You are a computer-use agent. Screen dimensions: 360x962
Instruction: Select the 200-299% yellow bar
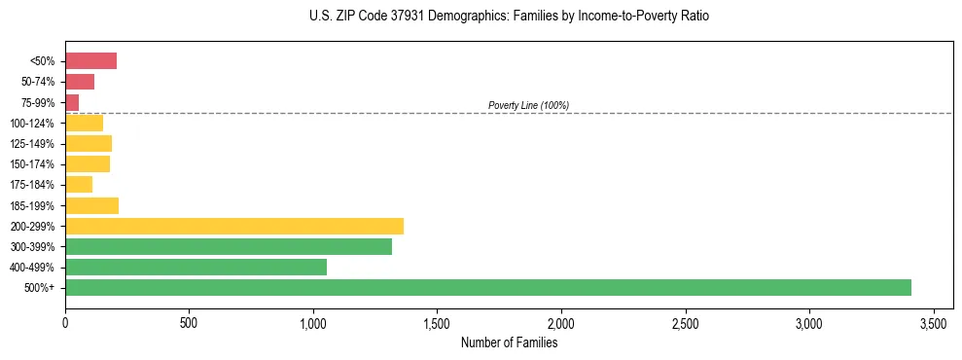click(x=234, y=226)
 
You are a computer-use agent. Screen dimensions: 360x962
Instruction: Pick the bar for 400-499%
click(x=196, y=267)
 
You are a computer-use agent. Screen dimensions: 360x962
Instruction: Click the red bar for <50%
click(x=90, y=61)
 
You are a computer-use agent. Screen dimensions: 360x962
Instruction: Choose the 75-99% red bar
click(x=72, y=102)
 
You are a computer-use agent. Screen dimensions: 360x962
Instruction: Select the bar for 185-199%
click(x=91, y=205)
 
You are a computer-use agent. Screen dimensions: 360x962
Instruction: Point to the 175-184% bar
click(x=79, y=185)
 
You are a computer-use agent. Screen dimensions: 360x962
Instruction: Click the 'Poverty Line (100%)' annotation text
click(x=528, y=105)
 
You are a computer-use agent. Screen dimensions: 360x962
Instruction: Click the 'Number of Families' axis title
click(x=509, y=342)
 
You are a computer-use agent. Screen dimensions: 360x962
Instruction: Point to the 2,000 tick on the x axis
click(x=561, y=322)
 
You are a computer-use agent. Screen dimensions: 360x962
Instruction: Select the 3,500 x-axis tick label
click(x=934, y=322)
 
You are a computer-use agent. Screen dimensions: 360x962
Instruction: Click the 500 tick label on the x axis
click(x=189, y=322)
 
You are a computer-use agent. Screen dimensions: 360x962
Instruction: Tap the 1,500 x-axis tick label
click(x=438, y=322)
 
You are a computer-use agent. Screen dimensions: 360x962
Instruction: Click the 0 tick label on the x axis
click(x=65, y=322)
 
